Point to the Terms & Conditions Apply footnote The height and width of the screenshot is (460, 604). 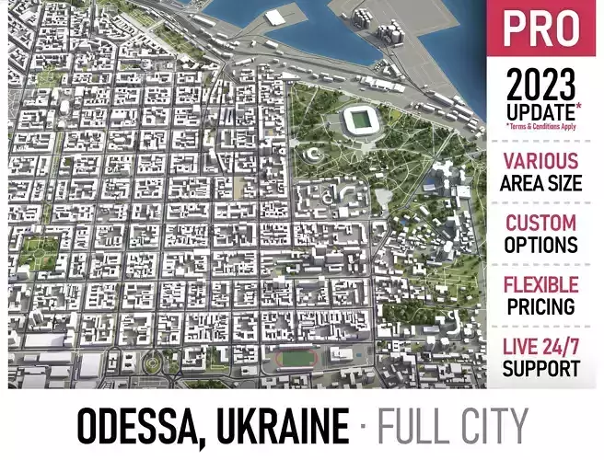pyautogui.click(x=541, y=126)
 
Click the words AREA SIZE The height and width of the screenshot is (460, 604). pyautogui.click(x=541, y=182)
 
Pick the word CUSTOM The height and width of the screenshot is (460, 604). pyautogui.click(x=541, y=224)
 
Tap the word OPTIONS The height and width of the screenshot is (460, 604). pyautogui.click(x=541, y=245)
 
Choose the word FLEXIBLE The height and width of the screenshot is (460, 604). pyautogui.click(x=541, y=285)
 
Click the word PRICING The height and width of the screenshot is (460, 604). pyautogui.click(x=541, y=306)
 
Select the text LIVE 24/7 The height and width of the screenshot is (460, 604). pyautogui.click(x=541, y=348)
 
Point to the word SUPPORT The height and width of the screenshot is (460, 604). pyautogui.click(x=541, y=369)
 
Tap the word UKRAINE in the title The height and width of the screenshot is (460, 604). pyautogui.click(x=280, y=428)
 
